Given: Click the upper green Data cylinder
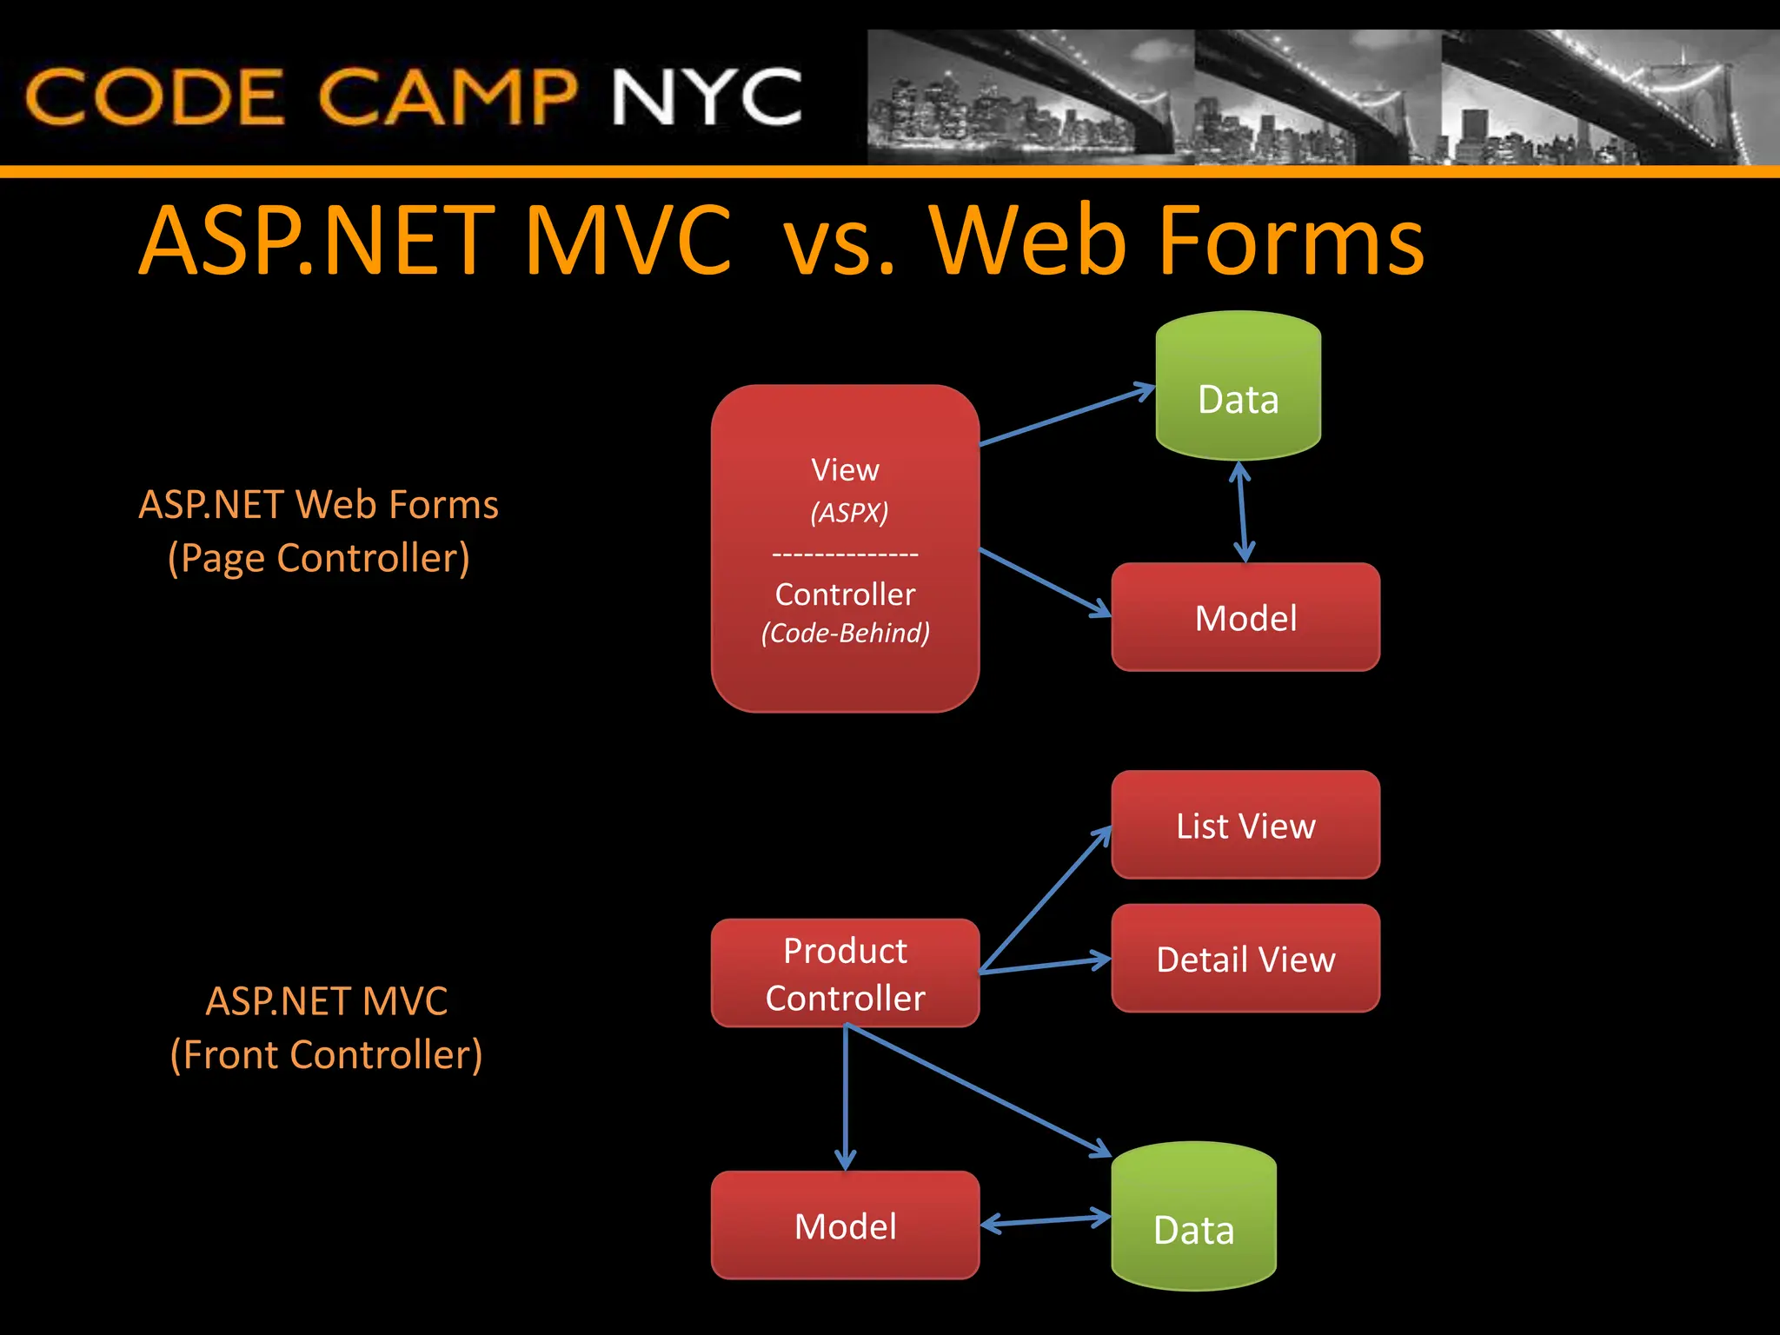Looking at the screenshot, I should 1238,387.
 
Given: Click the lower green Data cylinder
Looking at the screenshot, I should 1193,1217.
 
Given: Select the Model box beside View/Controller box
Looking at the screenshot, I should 1245,618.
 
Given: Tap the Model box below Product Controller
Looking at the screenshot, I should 845,1225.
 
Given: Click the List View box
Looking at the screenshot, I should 1245,826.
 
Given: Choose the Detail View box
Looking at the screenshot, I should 1245,959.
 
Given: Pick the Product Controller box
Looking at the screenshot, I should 845,973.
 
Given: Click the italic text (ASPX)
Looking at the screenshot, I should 849,512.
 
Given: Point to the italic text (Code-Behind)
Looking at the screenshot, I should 845,633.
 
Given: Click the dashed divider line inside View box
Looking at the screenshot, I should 845,554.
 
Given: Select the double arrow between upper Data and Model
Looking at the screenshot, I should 1242,513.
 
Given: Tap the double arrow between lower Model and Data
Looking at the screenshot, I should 1046,1220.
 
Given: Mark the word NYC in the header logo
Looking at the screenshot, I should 706,97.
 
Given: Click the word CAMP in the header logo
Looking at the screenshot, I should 447,97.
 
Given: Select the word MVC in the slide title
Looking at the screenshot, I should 628,241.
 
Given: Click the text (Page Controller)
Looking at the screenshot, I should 318,558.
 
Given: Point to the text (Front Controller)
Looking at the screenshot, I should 326,1055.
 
